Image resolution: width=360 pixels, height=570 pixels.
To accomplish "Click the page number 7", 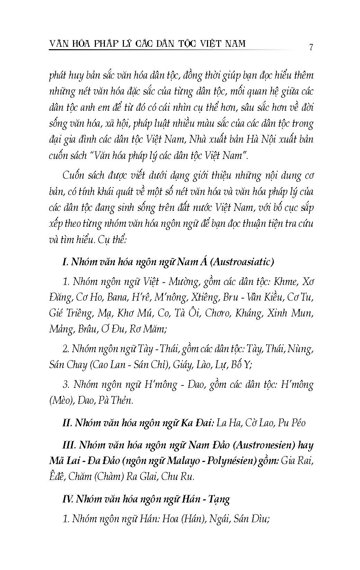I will coord(311,47).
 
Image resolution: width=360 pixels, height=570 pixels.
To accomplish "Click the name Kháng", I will coord(248,313).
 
